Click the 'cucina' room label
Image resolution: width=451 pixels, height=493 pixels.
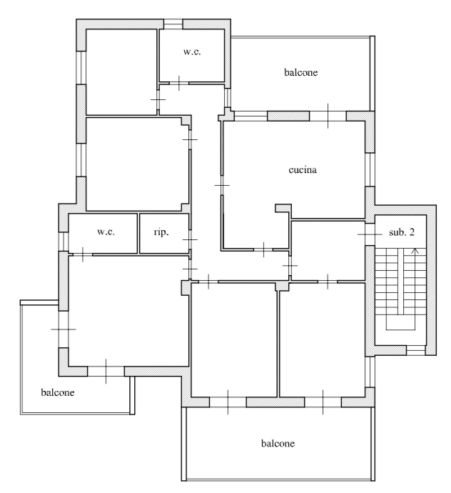pos(303,170)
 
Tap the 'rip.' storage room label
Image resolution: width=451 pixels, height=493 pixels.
pos(161,232)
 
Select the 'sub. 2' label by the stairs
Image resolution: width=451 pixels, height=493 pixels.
pos(401,232)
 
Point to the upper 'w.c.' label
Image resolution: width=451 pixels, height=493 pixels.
pos(192,51)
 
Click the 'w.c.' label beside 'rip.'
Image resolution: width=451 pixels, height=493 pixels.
pos(106,231)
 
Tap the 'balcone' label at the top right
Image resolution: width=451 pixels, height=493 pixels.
pos(300,72)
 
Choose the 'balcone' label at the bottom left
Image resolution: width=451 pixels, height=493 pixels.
pos(58,392)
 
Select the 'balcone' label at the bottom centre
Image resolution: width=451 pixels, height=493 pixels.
pos(278,443)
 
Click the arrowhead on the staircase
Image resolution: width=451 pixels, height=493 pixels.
pos(415,251)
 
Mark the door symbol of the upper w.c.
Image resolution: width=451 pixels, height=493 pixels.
pos(179,84)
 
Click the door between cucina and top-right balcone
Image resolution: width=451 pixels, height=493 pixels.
pos(328,116)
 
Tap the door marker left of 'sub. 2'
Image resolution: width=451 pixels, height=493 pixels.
pos(370,234)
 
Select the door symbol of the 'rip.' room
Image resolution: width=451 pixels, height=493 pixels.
pos(190,239)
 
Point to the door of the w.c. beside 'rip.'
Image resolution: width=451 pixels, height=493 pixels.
pos(83,254)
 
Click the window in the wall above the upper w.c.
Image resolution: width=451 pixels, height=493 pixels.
pos(173,24)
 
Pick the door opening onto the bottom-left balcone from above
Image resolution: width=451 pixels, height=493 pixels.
pos(106,371)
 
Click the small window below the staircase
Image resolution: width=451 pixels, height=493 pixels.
pos(416,350)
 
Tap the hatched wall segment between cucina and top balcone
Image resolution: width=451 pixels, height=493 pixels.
pos(288,116)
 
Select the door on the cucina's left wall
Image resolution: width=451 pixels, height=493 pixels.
pos(222,185)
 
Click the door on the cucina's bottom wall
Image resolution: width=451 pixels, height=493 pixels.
pos(263,249)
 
